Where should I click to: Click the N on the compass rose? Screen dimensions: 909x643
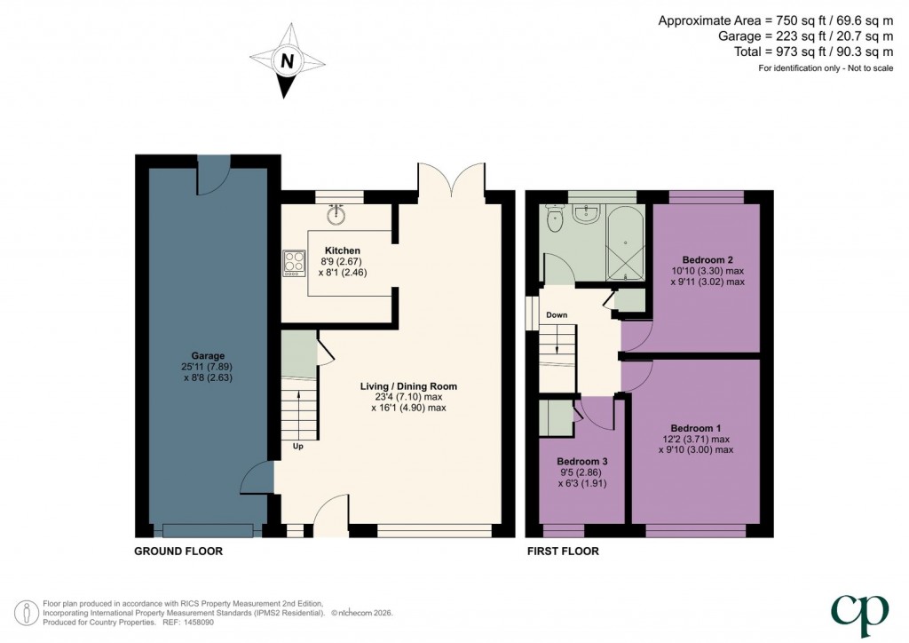pos(287,61)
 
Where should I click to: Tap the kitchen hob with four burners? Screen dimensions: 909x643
pos(294,263)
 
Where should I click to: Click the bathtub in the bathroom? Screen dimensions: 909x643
pos(624,242)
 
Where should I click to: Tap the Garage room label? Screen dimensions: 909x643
pos(208,356)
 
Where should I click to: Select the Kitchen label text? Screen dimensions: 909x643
pos(342,250)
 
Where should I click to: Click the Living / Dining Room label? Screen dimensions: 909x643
pos(408,386)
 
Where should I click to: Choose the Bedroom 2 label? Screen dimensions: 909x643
pos(704,259)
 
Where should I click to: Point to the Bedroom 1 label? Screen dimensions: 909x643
pos(696,428)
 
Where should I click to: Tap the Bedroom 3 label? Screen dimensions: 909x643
pos(582,462)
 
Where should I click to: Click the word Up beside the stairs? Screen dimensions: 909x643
pos(298,447)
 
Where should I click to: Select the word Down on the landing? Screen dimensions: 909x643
pos(557,314)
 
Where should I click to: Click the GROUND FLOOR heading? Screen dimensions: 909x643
pos(178,552)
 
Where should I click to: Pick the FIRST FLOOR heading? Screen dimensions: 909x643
pos(563,552)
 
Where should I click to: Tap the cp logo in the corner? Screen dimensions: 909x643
pos(859,615)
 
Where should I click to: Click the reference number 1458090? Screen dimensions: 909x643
pos(199,623)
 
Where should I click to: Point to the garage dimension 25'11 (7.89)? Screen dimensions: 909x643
pos(207,367)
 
